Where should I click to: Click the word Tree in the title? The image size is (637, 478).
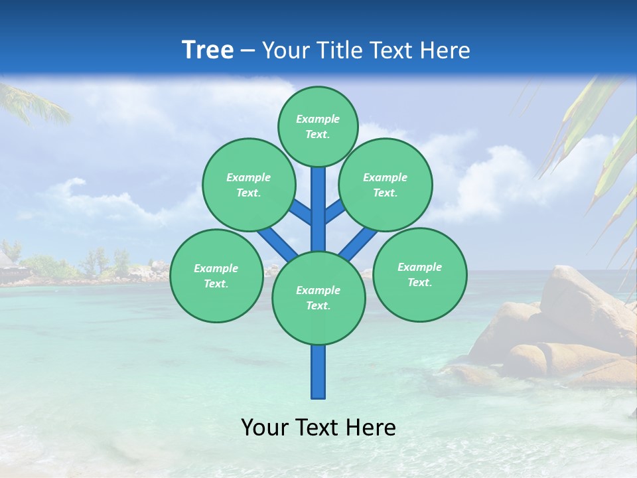pos(208,50)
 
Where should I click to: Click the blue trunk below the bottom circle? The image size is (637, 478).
pos(318,372)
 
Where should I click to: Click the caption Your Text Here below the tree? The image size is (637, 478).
pos(318,428)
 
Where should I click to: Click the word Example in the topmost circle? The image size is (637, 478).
pos(318,119)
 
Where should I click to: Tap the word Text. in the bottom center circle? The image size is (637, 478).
pos(318,306)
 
